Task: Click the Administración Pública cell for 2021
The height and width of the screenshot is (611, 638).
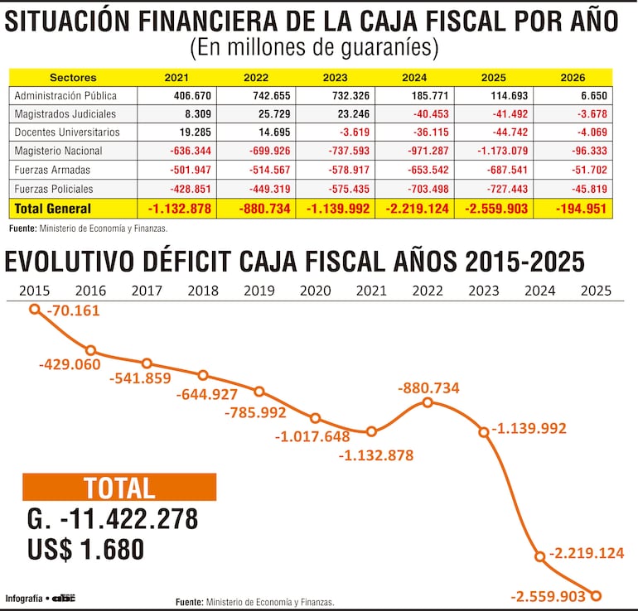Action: [x=176, y=95]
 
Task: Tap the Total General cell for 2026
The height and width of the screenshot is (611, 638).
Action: [x=573, y=209]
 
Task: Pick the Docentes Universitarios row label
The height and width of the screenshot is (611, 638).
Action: [x=67, y=132]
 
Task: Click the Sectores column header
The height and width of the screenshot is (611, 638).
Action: [x=73, y=77]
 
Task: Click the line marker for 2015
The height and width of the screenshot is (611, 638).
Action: [x=35, y=309]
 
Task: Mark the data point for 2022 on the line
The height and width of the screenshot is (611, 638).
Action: [x=428, y=402]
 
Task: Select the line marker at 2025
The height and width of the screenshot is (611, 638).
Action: [x=595, y=594]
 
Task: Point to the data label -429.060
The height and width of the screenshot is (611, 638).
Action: [x=69, y=364]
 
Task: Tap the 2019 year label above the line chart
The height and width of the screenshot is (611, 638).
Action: [x=259, y=291]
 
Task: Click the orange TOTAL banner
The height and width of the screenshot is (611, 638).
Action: [x=119, y=488]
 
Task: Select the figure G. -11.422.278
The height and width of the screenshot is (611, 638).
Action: [x=113, y=519]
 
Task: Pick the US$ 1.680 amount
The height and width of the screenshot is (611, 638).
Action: [x=85, y=549]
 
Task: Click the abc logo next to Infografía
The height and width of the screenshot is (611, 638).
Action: [x=63, y=598]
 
